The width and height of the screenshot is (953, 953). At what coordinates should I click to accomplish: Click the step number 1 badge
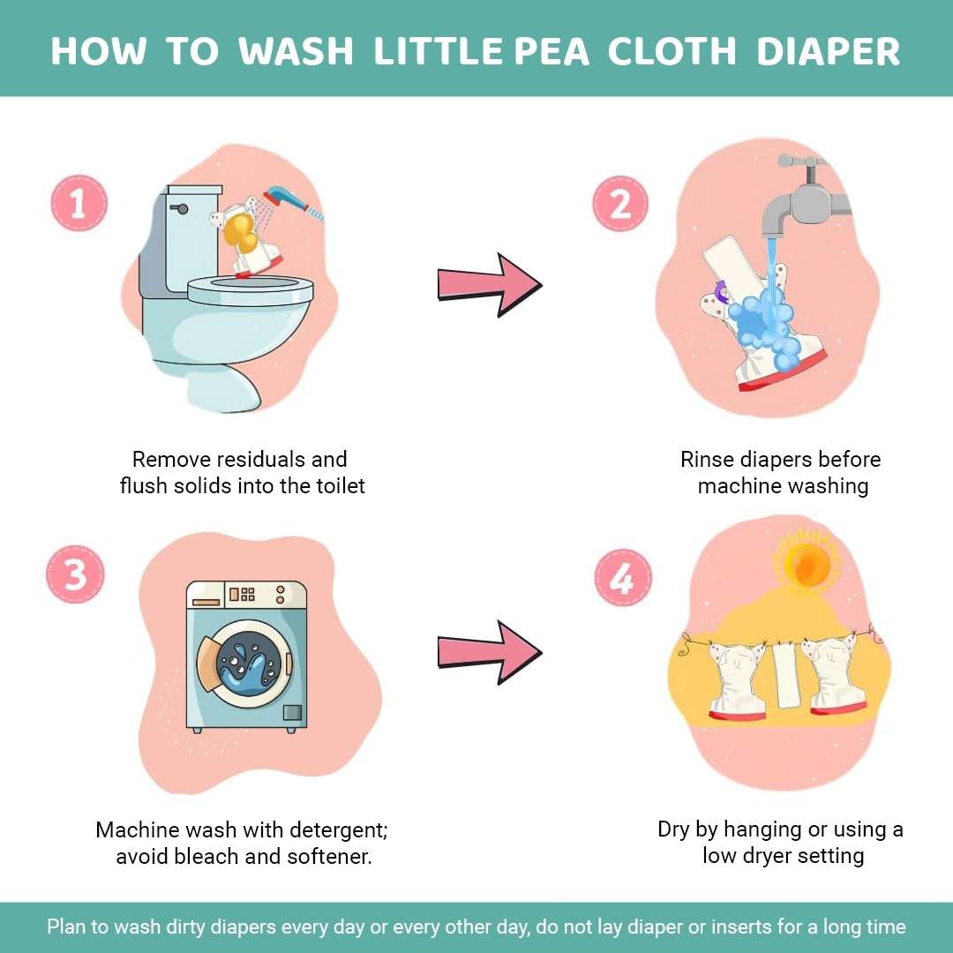coord(79,204)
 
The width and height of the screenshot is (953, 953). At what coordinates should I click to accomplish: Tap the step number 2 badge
coord(620,204)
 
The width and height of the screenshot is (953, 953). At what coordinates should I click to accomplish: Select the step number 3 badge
coord(75,574)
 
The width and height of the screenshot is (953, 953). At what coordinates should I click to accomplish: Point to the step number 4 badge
coord(622,577)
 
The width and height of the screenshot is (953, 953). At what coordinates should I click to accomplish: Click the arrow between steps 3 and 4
coord(489,651)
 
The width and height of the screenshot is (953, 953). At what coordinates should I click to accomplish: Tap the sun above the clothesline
coord(805,563)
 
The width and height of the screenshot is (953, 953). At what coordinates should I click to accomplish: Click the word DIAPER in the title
coord(829,51)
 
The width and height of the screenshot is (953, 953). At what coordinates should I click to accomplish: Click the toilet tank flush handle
coord(183,209)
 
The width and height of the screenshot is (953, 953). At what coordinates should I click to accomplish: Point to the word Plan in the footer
coord(68,927)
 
